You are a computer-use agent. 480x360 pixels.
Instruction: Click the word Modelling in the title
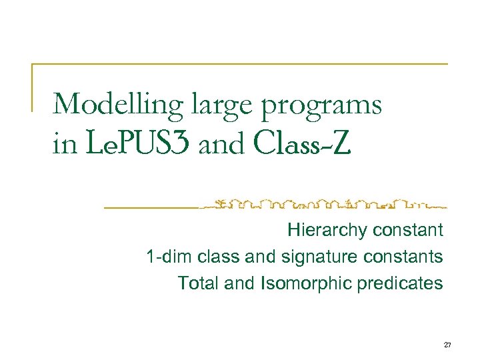117,105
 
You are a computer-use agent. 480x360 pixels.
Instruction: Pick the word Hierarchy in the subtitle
327,231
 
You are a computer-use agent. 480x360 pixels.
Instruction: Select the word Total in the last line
198,283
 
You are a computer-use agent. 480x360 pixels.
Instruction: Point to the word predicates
401,283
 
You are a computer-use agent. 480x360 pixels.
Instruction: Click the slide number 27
447,345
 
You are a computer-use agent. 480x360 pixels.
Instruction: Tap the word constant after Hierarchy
408,231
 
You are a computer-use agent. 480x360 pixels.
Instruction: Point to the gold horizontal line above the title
240,64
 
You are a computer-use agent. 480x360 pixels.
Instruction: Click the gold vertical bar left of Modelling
33,87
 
